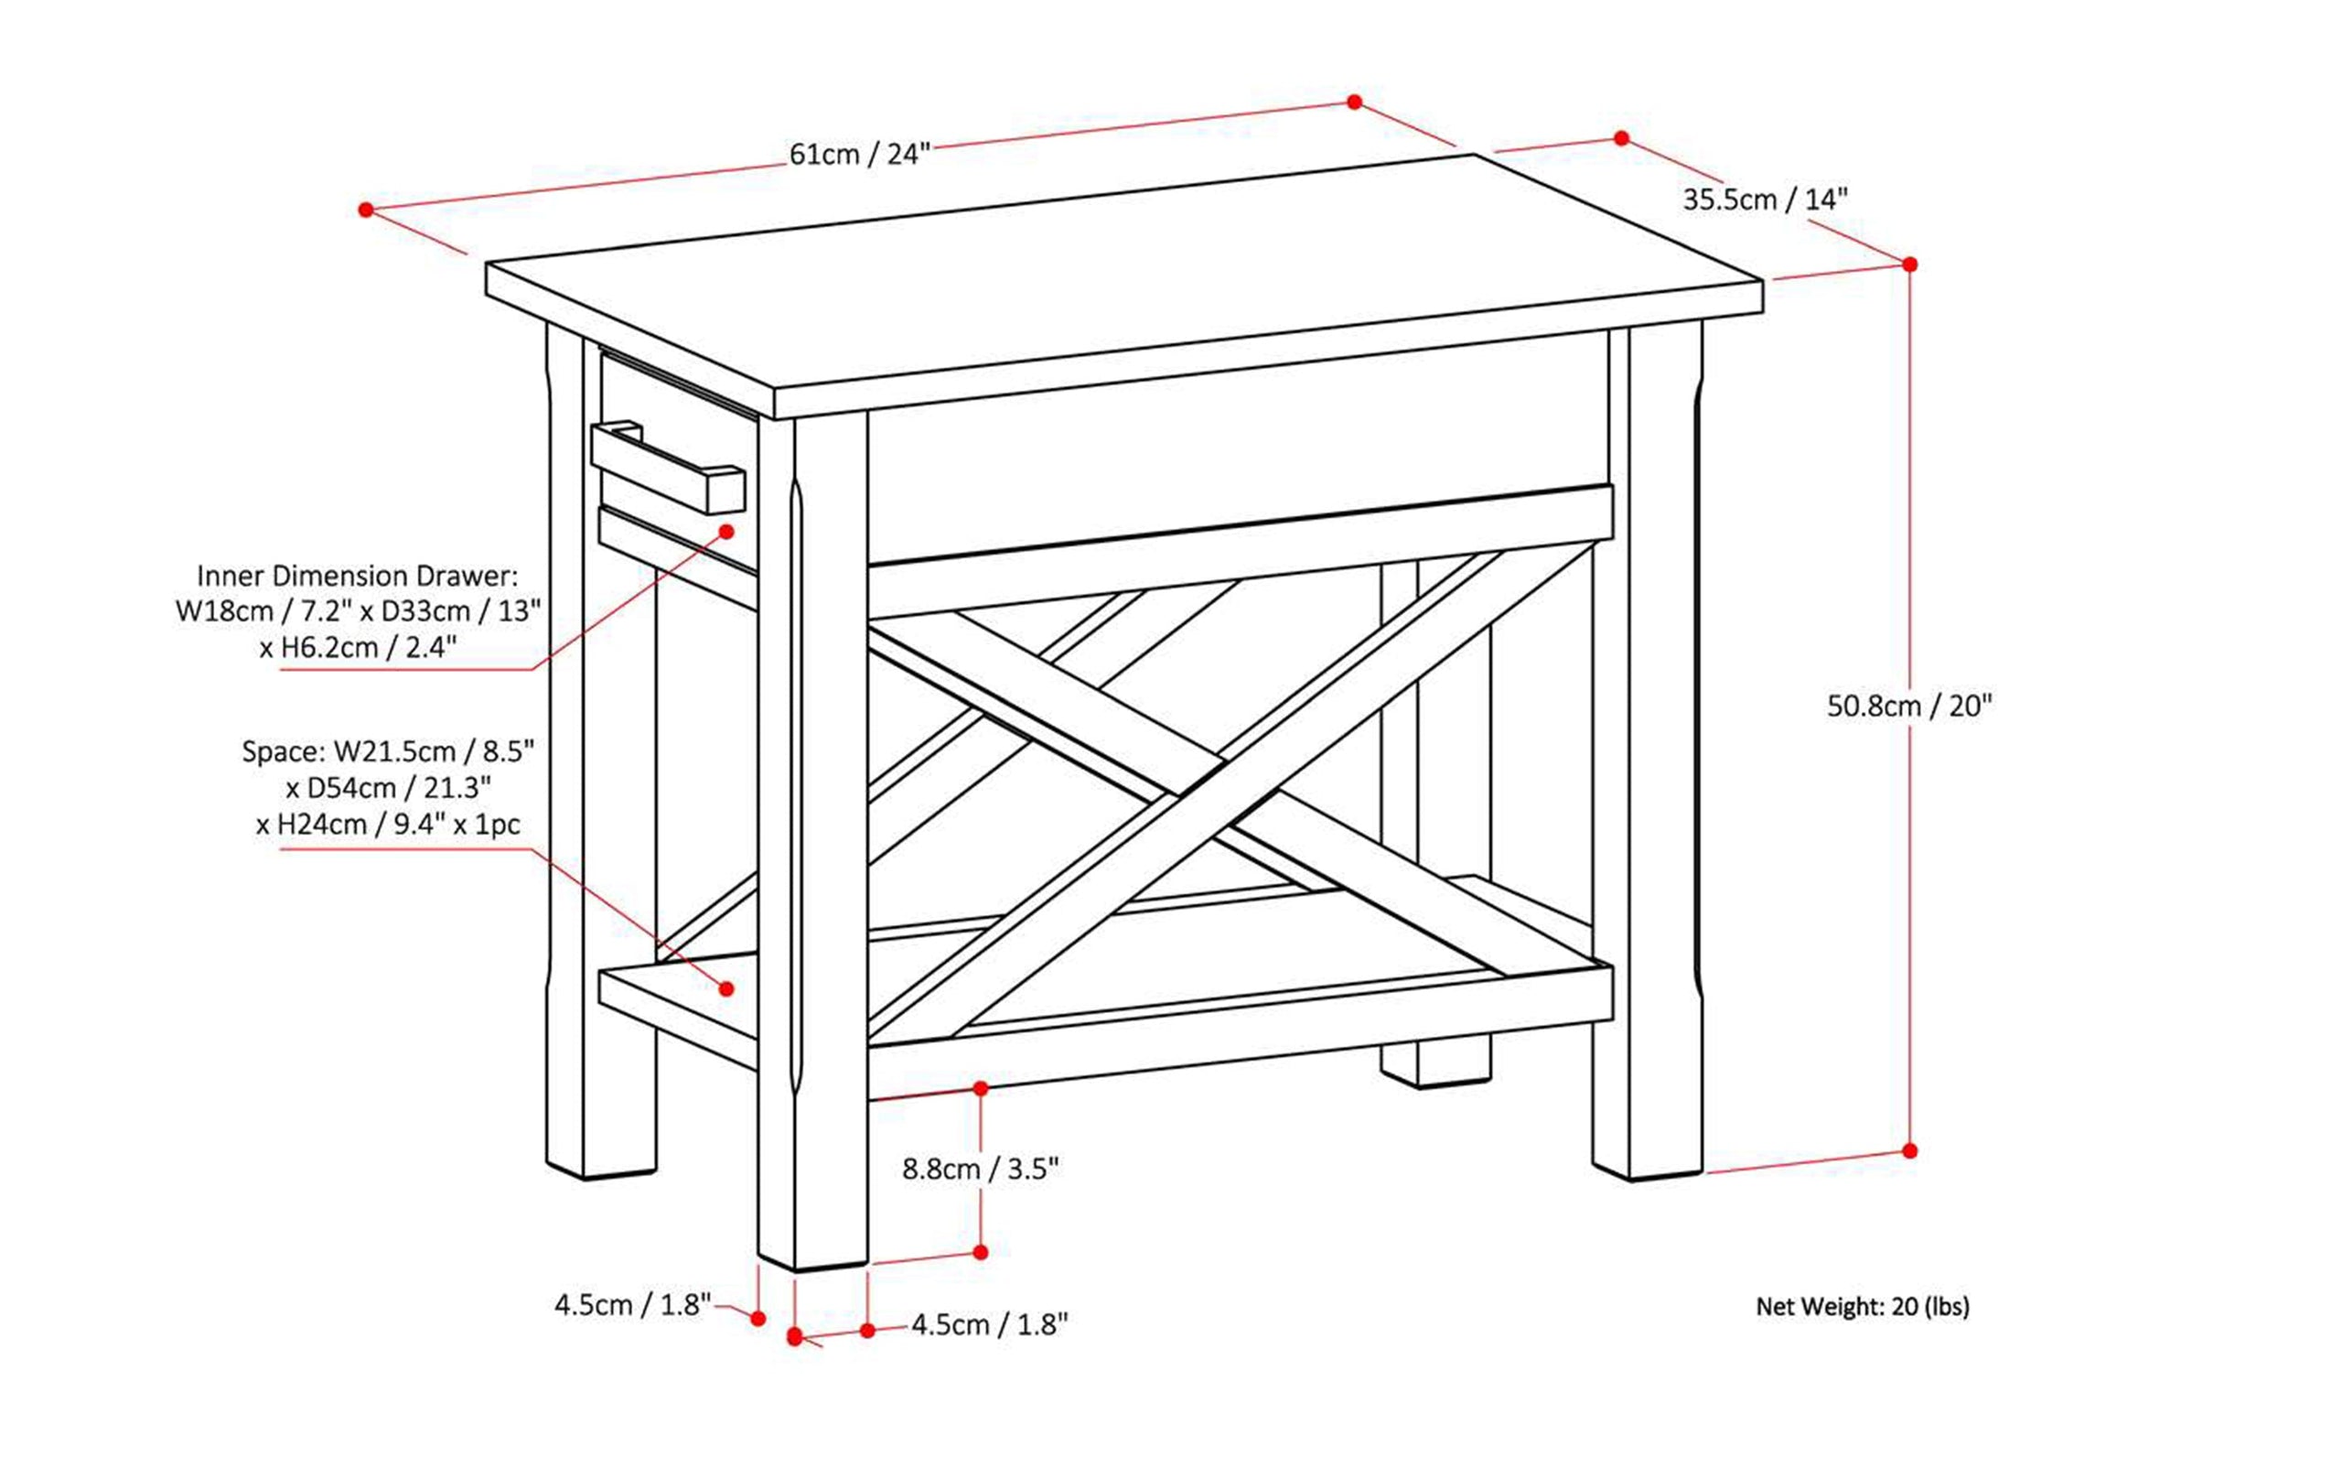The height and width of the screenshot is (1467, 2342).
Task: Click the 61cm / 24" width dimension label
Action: click(859, 155)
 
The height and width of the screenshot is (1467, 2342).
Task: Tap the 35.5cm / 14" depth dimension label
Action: click(1765, 200)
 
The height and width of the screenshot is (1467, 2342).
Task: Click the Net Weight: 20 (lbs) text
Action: click(1862, 1307)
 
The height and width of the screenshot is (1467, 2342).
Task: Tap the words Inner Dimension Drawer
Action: click(357, 577)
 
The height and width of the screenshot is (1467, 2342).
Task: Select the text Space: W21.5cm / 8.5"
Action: click(388, 752)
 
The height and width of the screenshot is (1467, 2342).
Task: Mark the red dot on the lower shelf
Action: click(726, 988)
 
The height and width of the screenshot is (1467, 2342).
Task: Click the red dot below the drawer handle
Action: click(726, 532)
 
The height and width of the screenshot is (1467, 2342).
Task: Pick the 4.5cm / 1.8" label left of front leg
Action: click(632, 1305)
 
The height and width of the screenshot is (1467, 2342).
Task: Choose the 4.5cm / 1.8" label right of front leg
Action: click(989, 1324)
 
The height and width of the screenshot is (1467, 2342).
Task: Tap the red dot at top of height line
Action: click(1909, 264)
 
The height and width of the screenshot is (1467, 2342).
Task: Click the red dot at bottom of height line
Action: click(1909, 1150)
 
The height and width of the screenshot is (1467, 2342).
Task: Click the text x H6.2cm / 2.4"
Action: click(357, 648)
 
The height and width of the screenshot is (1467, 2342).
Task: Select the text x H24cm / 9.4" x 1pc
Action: click(388, 825)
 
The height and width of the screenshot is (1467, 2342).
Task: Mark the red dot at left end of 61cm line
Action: click(366, 210)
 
